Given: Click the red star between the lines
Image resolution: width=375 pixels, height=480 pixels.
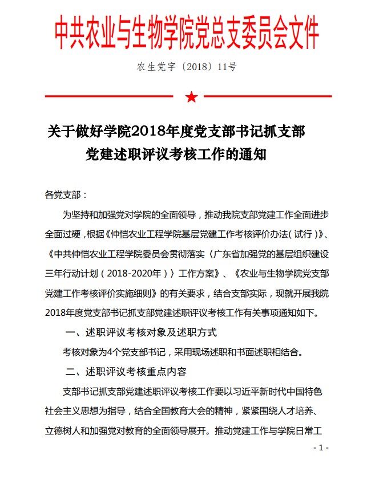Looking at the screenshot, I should pos(191,97).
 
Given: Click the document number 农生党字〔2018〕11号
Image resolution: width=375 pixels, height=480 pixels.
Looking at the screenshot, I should pos(187,67).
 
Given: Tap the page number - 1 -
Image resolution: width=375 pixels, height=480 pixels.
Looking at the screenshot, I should pos(321,448).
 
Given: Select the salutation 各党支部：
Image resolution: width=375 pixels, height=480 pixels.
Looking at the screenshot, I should pos(66,194).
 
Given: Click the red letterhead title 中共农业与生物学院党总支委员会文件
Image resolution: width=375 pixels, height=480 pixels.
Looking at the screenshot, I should pos(187,33).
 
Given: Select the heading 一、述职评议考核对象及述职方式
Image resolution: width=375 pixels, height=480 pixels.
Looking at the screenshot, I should pos(141,332).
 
